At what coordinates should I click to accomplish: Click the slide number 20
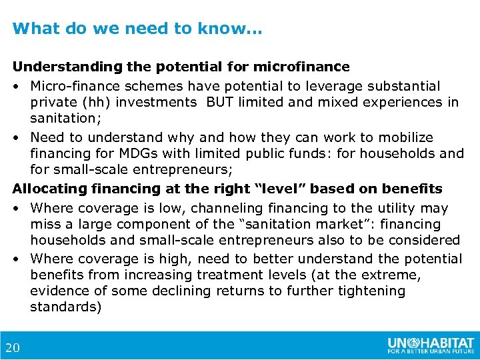click(12, 347)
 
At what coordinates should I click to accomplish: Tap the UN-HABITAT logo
click(431, 345)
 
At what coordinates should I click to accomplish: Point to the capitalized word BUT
click(221, 102)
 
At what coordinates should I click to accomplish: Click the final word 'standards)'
click(65, 307)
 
